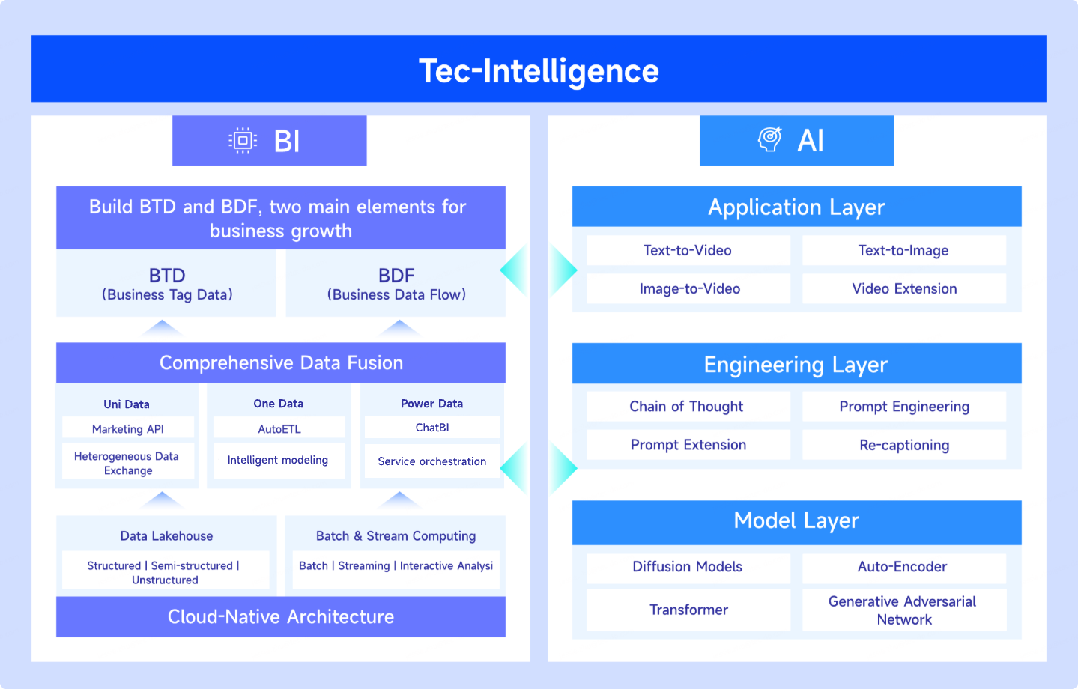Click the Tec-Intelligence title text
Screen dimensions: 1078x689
539,70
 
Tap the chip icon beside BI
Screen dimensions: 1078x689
243,141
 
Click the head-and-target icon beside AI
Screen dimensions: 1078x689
770,139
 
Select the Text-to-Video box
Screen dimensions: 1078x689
688,250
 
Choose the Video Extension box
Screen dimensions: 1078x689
904,288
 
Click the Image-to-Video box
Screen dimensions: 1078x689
688,288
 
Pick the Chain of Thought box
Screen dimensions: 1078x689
688,407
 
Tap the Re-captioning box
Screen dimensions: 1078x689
904,445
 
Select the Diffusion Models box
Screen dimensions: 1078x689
688,567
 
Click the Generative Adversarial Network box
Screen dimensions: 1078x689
904,610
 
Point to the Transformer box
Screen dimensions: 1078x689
688,610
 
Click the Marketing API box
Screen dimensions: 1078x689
128,428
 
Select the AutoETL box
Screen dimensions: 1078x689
279,428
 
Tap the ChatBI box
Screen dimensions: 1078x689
431,428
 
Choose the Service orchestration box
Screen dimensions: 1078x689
431,461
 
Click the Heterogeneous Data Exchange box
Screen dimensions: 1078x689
128,462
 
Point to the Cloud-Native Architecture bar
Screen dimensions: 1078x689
281,617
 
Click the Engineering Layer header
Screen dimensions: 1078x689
796,363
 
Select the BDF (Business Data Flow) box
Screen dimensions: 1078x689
396,283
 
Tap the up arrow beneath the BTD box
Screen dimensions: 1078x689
162,327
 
